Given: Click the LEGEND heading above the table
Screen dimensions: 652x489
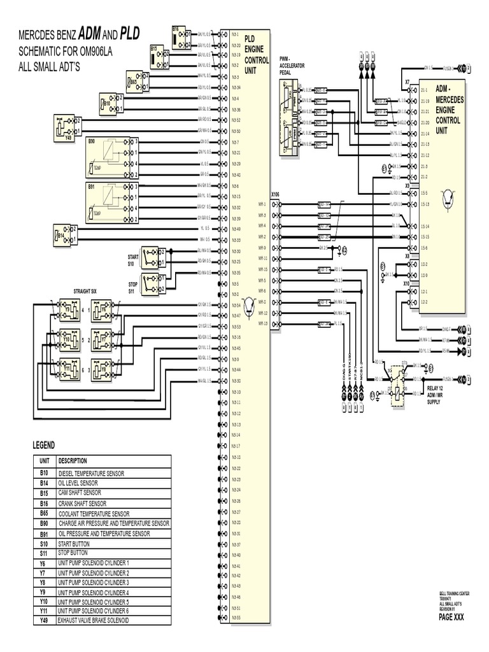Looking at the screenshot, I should coord(44,444).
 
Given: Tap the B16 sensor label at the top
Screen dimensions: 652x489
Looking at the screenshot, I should coord(176,29).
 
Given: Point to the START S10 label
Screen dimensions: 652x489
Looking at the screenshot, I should coord(132,259).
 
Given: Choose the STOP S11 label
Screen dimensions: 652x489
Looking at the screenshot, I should coord(132,287).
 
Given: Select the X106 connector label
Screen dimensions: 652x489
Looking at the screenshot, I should coord(275,194).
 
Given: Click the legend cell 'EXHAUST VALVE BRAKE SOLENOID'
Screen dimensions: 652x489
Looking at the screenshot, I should coord(93,620).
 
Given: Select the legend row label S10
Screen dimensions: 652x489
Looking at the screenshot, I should coord(44,544).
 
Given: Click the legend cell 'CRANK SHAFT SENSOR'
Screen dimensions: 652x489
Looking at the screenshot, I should coord(82,503).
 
